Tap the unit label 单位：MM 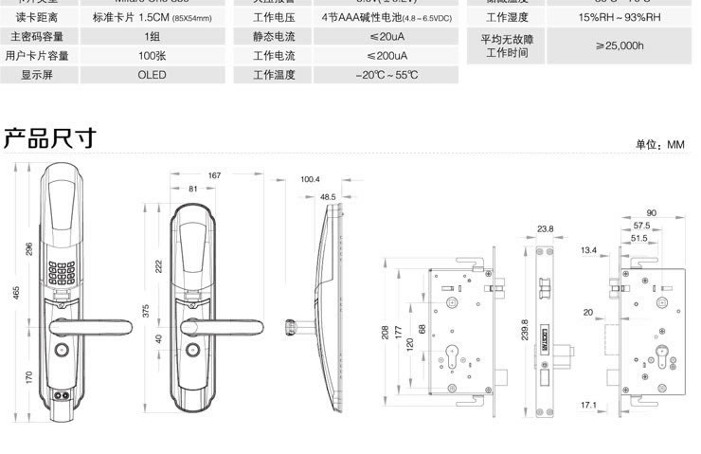(659, 145)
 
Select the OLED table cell (152, 75)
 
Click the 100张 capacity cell (152, 56)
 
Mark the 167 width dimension (214, 175)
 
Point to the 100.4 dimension (311, 178)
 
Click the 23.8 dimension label (545, 228)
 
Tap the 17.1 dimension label (587, 405)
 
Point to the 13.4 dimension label (589, 250)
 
